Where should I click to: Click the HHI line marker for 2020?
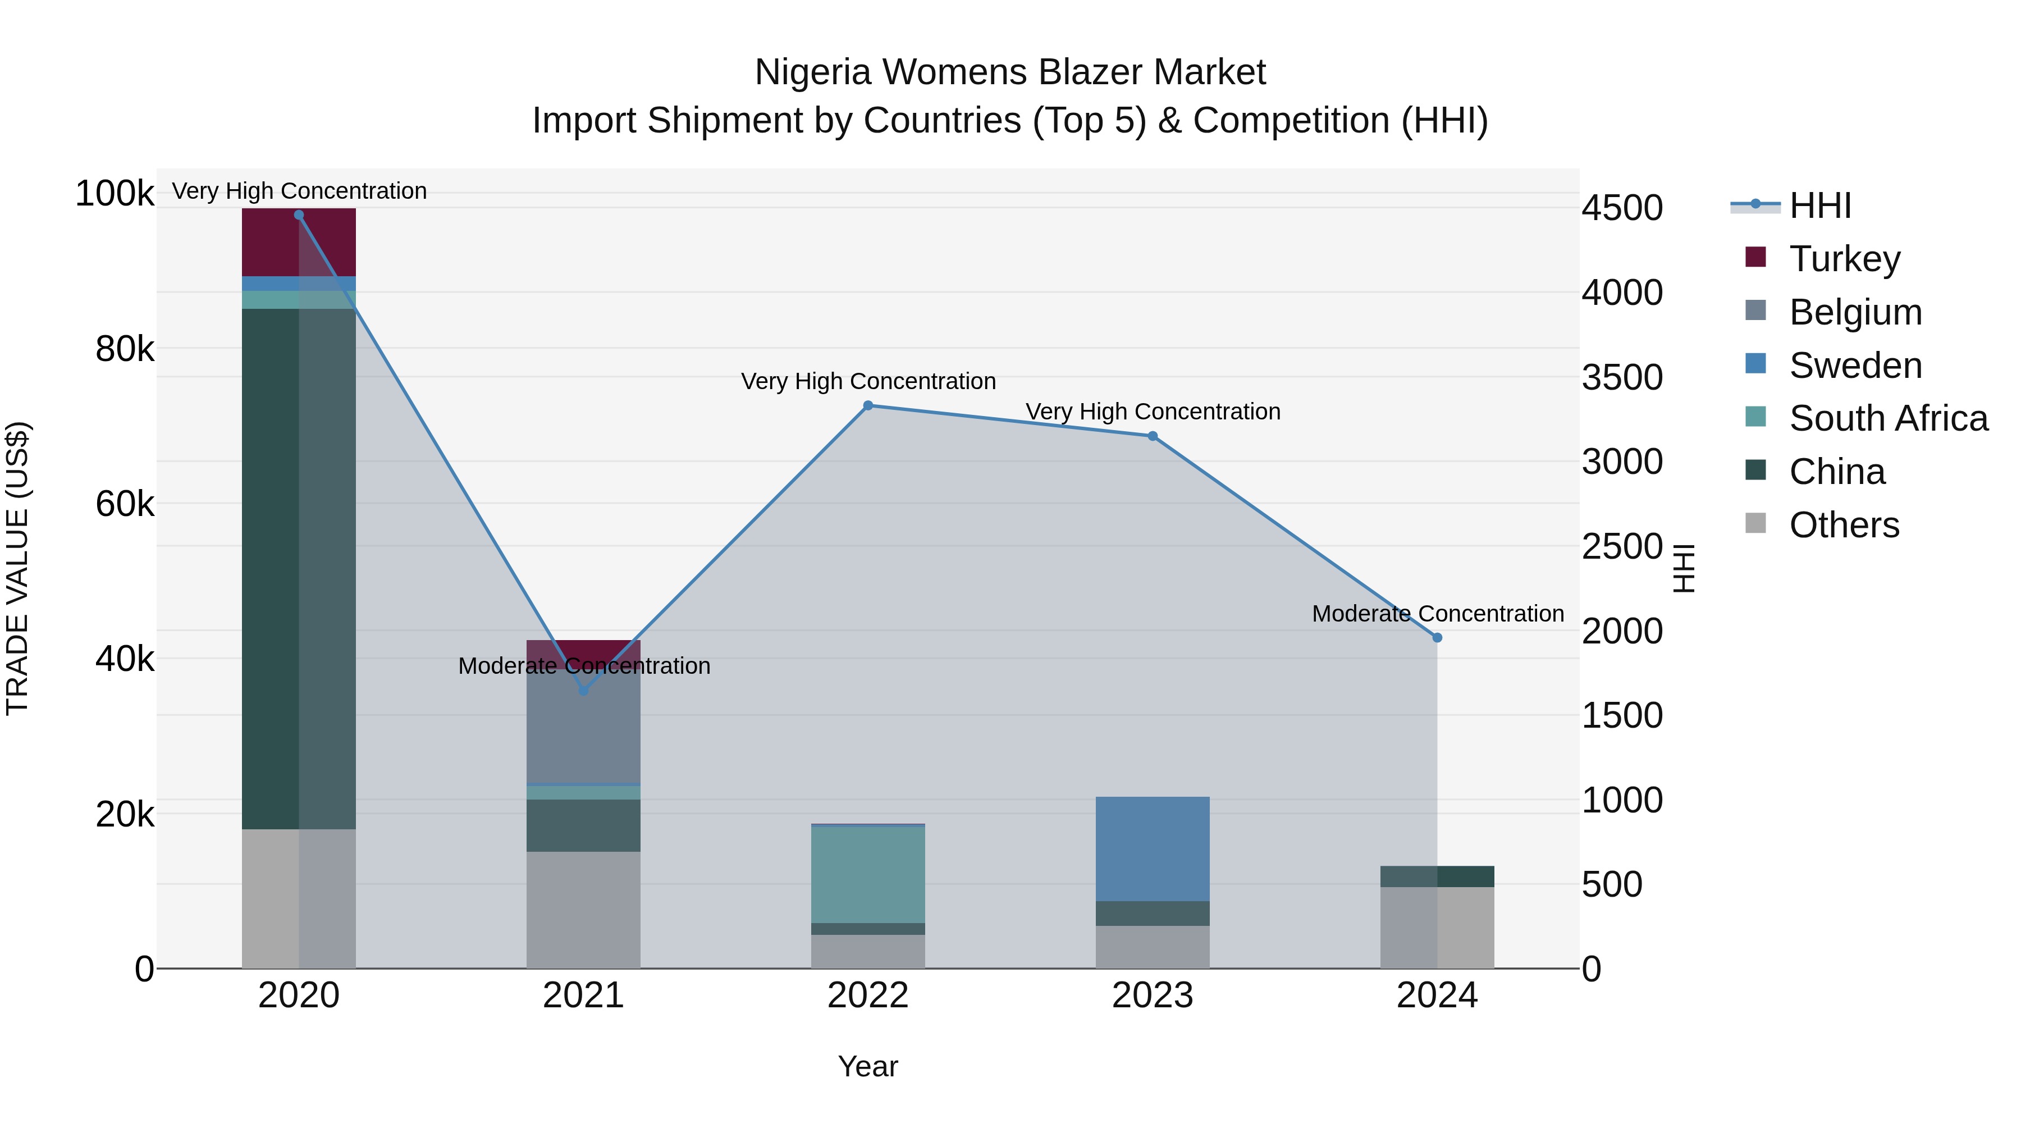(x=299, y=215)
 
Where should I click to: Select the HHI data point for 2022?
(x=868, y=406)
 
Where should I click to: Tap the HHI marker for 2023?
(x=1153, y=436)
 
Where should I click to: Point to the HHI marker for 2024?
(x=1437, y=638)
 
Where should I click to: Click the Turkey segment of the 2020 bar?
(x=299, y=243)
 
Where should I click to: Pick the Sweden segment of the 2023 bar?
(x=1153, y=849)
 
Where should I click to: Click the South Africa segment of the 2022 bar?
(x=868, y=875)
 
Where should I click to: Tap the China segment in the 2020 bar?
(x=299, y=569)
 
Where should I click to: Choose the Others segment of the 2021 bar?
(x=583, y=910)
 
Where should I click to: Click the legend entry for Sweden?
(x=1855, y=366)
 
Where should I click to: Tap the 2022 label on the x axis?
(x=868, y=996)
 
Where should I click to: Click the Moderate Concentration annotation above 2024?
(x=1437, y=614)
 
